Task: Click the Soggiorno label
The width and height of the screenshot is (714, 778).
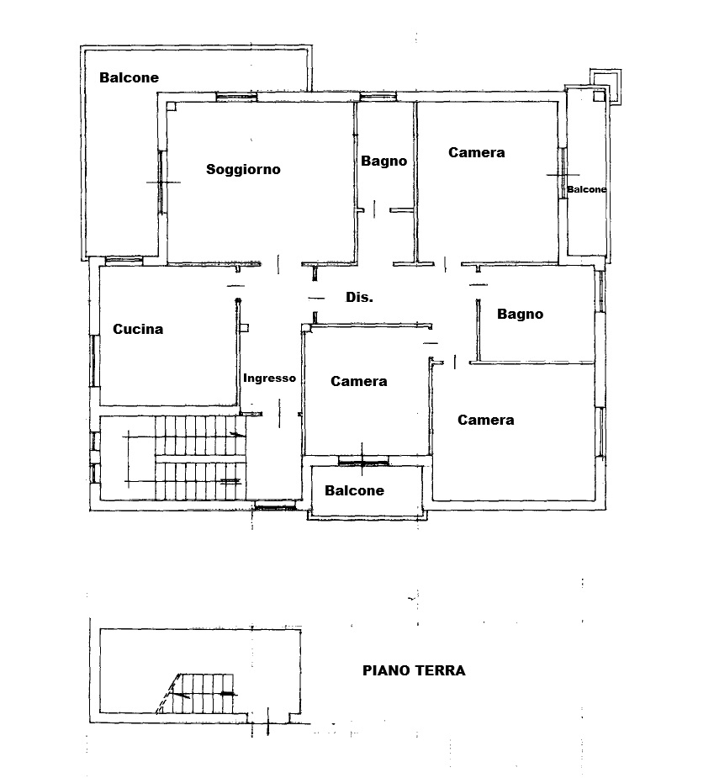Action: [243, 170]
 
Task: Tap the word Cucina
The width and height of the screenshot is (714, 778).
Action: [138, 329]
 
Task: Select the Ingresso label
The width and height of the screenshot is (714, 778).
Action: [269, 378]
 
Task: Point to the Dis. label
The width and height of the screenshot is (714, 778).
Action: [359, 297]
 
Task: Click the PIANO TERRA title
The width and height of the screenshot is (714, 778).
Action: [414, 670]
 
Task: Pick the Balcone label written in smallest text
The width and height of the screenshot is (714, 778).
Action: [586, 189]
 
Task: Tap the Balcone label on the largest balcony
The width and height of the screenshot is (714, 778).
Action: [129, 77]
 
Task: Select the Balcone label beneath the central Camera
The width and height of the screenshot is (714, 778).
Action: [354, 490]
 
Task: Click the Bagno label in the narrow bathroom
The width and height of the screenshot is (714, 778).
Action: [384, 161]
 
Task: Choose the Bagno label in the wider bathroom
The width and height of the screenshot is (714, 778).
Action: [520, 314]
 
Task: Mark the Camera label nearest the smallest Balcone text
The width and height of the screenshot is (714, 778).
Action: [476, 152]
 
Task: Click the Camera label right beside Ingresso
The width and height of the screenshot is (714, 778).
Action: [359, 381]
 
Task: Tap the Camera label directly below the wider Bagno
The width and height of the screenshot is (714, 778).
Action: [486, 420]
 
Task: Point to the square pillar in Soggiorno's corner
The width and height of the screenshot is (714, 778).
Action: [171, 106]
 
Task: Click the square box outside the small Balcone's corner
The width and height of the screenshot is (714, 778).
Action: [606, 87]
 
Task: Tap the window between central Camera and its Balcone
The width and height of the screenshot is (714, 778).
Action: [362, 463]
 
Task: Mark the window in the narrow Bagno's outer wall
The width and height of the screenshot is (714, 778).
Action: [378, 96]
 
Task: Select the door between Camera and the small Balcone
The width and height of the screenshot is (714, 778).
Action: [563, 173]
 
